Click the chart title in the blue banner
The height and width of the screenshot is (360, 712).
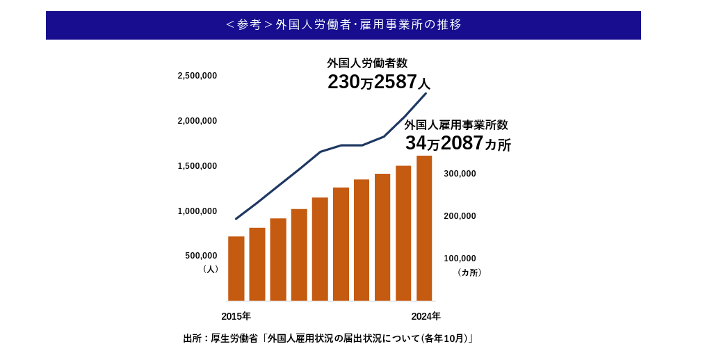pyautogui.click(x=343, y=25)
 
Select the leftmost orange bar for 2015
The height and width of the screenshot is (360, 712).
pyautogui.click(x=236, y=269)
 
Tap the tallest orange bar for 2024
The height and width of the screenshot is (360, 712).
pyautogui.click(x=424, y=229)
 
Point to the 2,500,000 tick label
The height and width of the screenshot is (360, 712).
pyautogui.click(x=197, y=76)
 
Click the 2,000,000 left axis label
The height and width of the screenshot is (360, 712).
pyautogui.click(x=197, y=121)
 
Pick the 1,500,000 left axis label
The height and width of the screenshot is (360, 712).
pyautogui.click(x=197, y=166)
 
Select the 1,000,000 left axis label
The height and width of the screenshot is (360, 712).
pyautogui.click(x=197, y=211)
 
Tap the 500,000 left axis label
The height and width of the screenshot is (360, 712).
pyautogui.click(x=201, y=256)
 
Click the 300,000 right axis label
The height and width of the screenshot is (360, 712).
pyautogui.click(x=460, y=174)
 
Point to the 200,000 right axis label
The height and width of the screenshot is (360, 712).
pyautogui.click(x=460, y=216)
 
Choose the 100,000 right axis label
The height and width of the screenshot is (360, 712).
pyautogui.click(x=460, y=259)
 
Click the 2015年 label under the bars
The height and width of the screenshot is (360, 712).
pyautogui.click(x=236, y=316)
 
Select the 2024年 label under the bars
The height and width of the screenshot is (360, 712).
pyautogui.click(x=426, y=316)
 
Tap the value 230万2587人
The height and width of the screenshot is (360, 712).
pyautogui.click(x=379, y=82)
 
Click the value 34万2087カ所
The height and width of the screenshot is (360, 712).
pyautogui.click(x=458, y=144)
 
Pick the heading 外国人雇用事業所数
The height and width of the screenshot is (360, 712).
pyautogui.click(x=456, y=125)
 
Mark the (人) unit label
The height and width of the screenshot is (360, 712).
pyautogui.click(x=211, y=269)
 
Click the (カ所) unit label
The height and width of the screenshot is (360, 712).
pyautogui.click(x=469, y=272)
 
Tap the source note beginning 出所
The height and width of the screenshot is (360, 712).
pyautogui.click(x=328, y=338)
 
